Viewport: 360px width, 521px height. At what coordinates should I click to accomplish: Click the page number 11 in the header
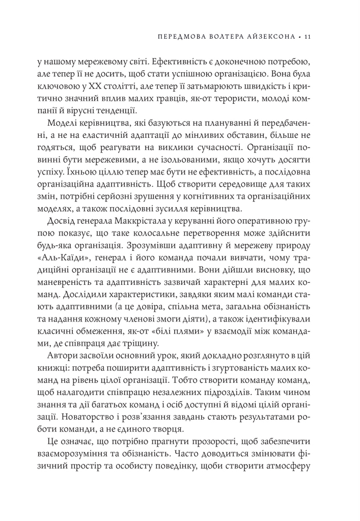pos(314,37)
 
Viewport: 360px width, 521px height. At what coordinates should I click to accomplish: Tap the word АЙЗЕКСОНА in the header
pos(270,37)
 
